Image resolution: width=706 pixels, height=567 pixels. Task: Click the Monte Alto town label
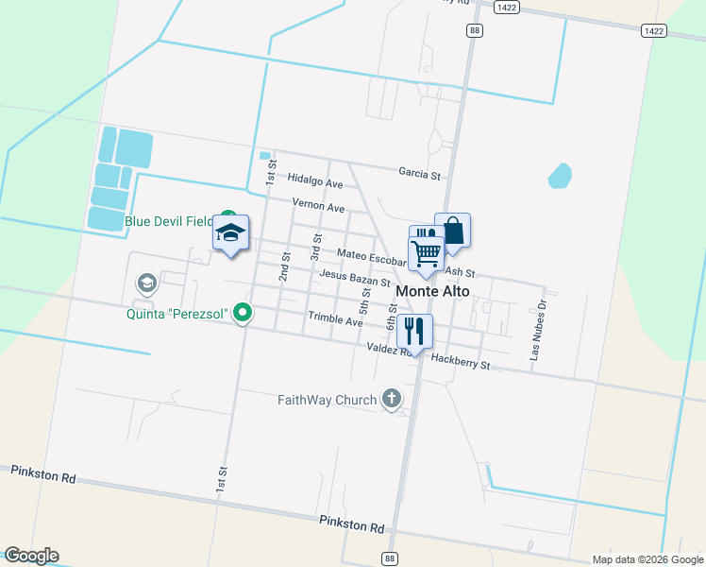(x=432, y=292)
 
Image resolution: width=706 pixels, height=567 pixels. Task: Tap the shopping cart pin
(x=427, y=253)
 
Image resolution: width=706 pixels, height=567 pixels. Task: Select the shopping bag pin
(x=453, y=232)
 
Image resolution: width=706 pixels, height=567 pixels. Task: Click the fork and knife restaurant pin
(x=414, y=332)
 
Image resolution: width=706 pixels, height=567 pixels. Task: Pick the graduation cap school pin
(x=230, y=234)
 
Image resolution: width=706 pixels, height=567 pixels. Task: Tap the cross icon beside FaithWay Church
(x=392, y=400)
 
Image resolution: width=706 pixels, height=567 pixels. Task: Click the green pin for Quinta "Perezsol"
(x=243, y=312)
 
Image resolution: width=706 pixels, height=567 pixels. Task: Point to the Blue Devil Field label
(x=169, y=222)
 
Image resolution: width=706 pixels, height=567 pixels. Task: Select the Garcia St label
(x=419, y=175)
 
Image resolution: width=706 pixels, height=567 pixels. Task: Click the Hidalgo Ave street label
(x=315, y=180)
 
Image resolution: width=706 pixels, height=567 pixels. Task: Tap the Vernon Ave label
(x=318, y=205)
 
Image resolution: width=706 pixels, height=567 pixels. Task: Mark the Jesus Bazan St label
(x=355, y=278)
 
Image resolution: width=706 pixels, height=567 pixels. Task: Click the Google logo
(x=31, y=556)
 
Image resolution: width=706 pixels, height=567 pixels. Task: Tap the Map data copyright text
(x=647, y=559)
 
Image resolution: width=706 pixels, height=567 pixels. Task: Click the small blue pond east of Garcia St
(x=560, y=176)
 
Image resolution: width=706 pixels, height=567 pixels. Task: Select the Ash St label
(x=459, y=271)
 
